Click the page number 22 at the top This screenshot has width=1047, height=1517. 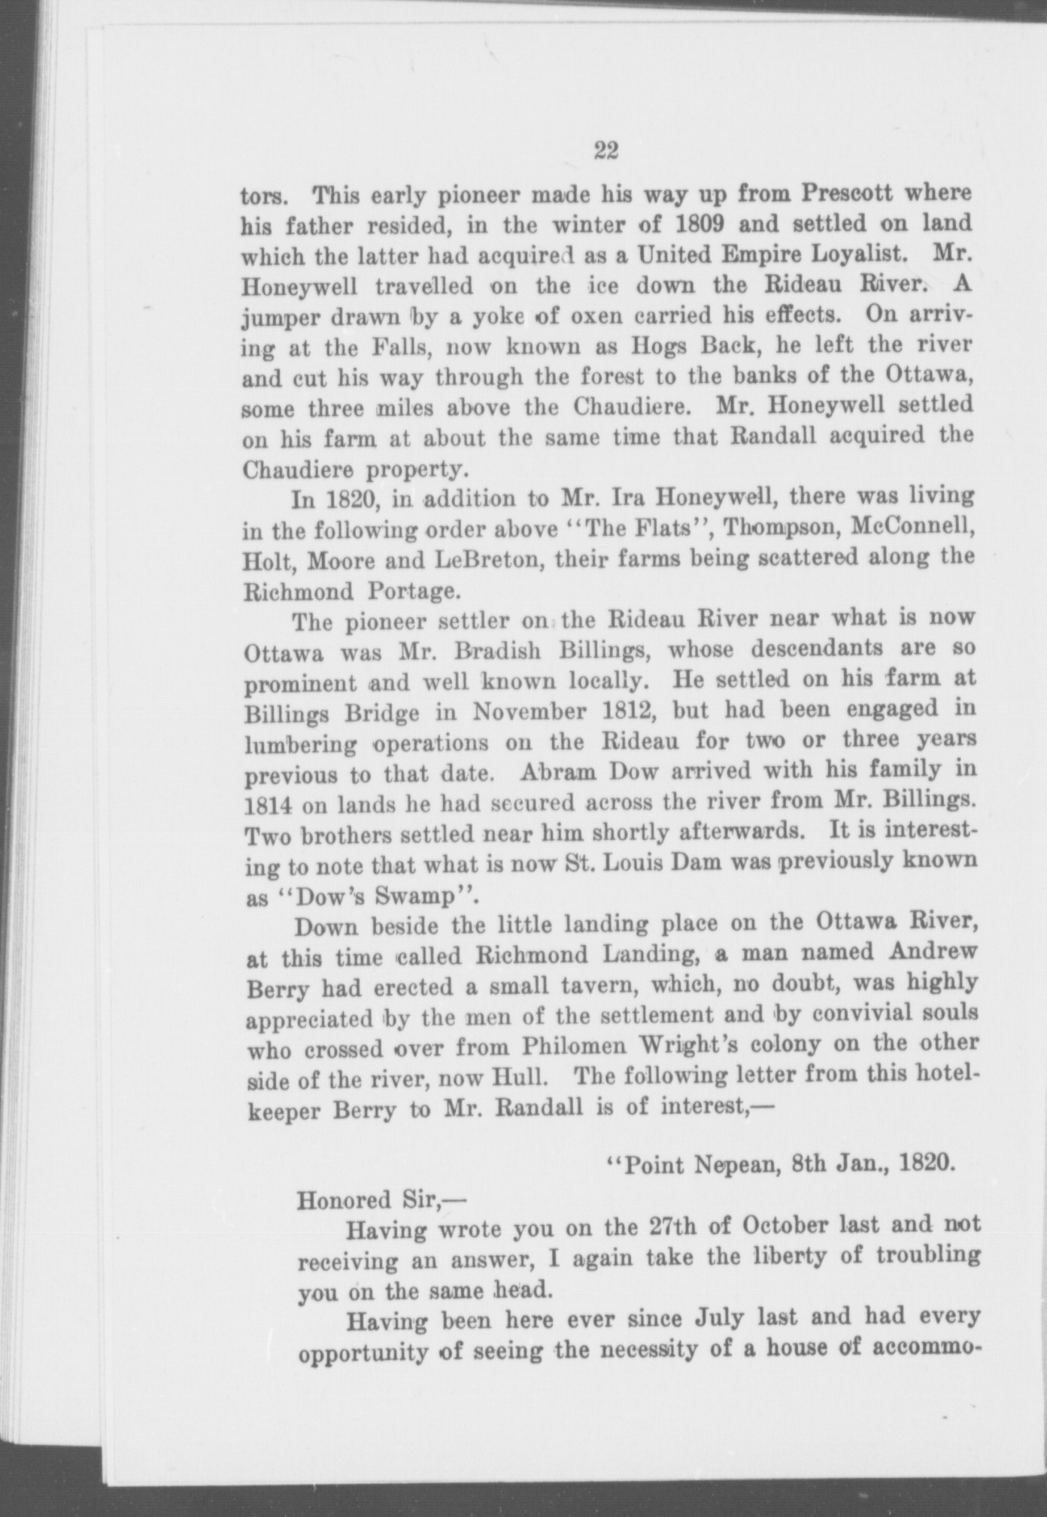coord(605,151)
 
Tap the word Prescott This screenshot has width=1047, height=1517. coord(848,193)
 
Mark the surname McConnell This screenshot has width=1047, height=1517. coord(914,527)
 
